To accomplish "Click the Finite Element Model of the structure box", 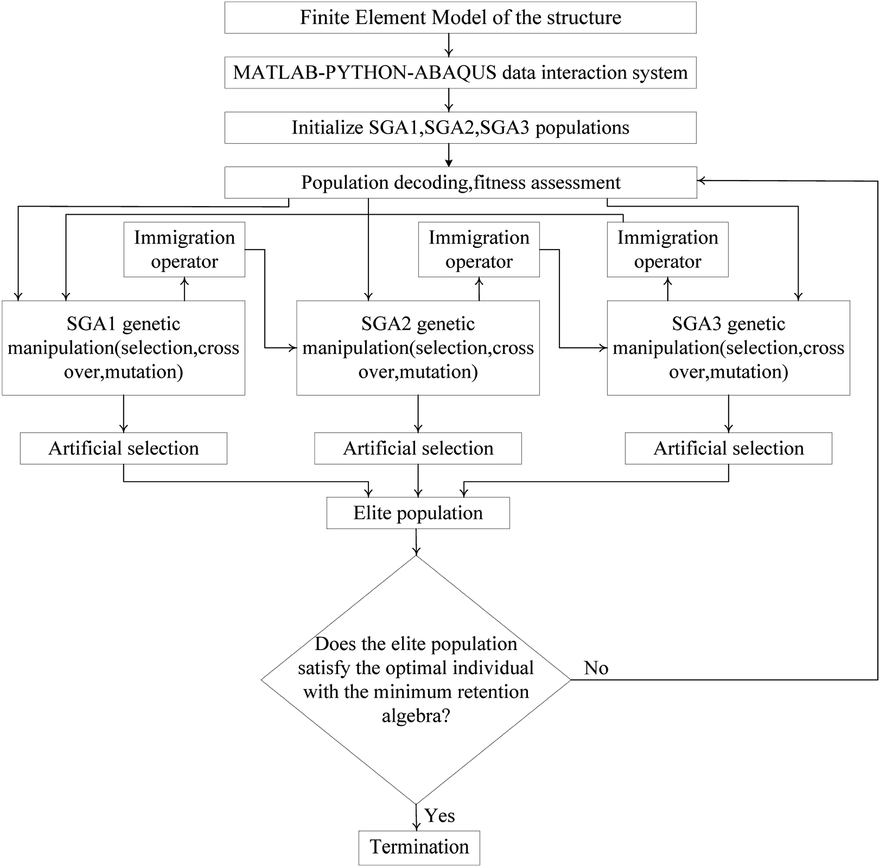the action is (460, 17).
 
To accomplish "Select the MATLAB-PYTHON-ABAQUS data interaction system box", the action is (460, 72).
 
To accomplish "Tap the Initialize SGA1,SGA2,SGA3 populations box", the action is (460, 128).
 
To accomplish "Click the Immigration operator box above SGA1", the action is (184, 250).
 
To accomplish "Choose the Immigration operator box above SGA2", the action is (479, 250).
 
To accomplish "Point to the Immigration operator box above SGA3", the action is (668, 250).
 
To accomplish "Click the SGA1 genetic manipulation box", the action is (124, 348).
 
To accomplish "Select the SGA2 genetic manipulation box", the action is (418, 348).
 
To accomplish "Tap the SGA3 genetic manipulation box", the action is (729, 348).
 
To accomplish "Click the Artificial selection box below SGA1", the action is (124, 449).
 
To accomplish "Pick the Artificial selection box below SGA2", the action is (418, 449).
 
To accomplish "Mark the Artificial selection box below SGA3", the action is (729, 449).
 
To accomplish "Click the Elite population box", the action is (418, 513).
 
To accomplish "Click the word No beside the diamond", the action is (596, 668).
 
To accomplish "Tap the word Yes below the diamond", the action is (440, 815).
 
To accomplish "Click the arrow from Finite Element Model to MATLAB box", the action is (449, 45).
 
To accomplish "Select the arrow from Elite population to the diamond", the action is (416, 542).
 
